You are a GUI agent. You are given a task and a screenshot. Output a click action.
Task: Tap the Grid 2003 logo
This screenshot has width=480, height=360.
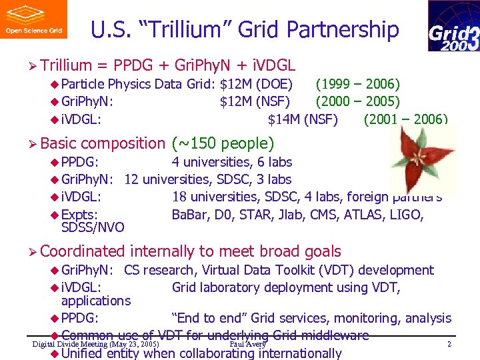[453, 26]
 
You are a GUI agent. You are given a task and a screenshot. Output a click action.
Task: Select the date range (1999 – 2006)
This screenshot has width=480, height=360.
[357, 84]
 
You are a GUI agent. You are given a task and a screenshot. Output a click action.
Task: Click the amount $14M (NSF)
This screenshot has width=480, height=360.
[303, 119]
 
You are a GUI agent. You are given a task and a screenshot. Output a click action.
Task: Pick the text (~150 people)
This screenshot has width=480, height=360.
[223, 143]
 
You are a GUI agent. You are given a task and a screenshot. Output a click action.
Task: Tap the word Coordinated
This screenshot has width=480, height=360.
[83, 251]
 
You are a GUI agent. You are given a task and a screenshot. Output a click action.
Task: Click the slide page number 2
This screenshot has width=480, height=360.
[449, 344]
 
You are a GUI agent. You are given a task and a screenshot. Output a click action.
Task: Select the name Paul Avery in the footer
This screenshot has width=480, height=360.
[247, 344]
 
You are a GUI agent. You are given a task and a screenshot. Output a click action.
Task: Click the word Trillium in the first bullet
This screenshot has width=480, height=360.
[65, 65]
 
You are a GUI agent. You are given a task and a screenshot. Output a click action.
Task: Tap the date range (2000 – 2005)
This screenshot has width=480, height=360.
[357, 101]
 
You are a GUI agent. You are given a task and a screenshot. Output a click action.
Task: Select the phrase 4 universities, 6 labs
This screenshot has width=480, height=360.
[232, 162]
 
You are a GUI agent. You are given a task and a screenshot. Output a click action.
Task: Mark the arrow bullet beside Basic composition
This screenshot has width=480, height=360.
[31, 144]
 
